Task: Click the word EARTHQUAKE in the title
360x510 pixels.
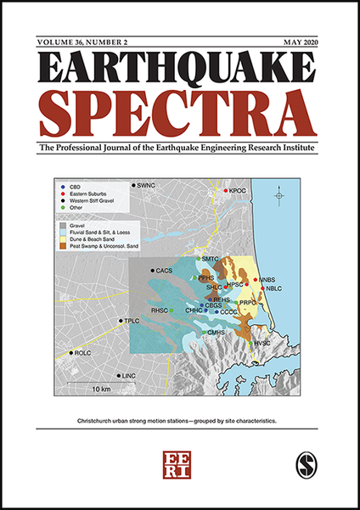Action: coord(179,72)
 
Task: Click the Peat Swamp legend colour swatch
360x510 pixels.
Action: coord(66,246)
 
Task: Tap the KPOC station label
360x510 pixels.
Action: coord(239,192)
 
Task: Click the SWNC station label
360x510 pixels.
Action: coord(147,185)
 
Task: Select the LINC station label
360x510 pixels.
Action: coord(129,375)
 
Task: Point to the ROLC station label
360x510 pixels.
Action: coord(82,352)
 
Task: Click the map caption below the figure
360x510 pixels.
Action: coord(179,421)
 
